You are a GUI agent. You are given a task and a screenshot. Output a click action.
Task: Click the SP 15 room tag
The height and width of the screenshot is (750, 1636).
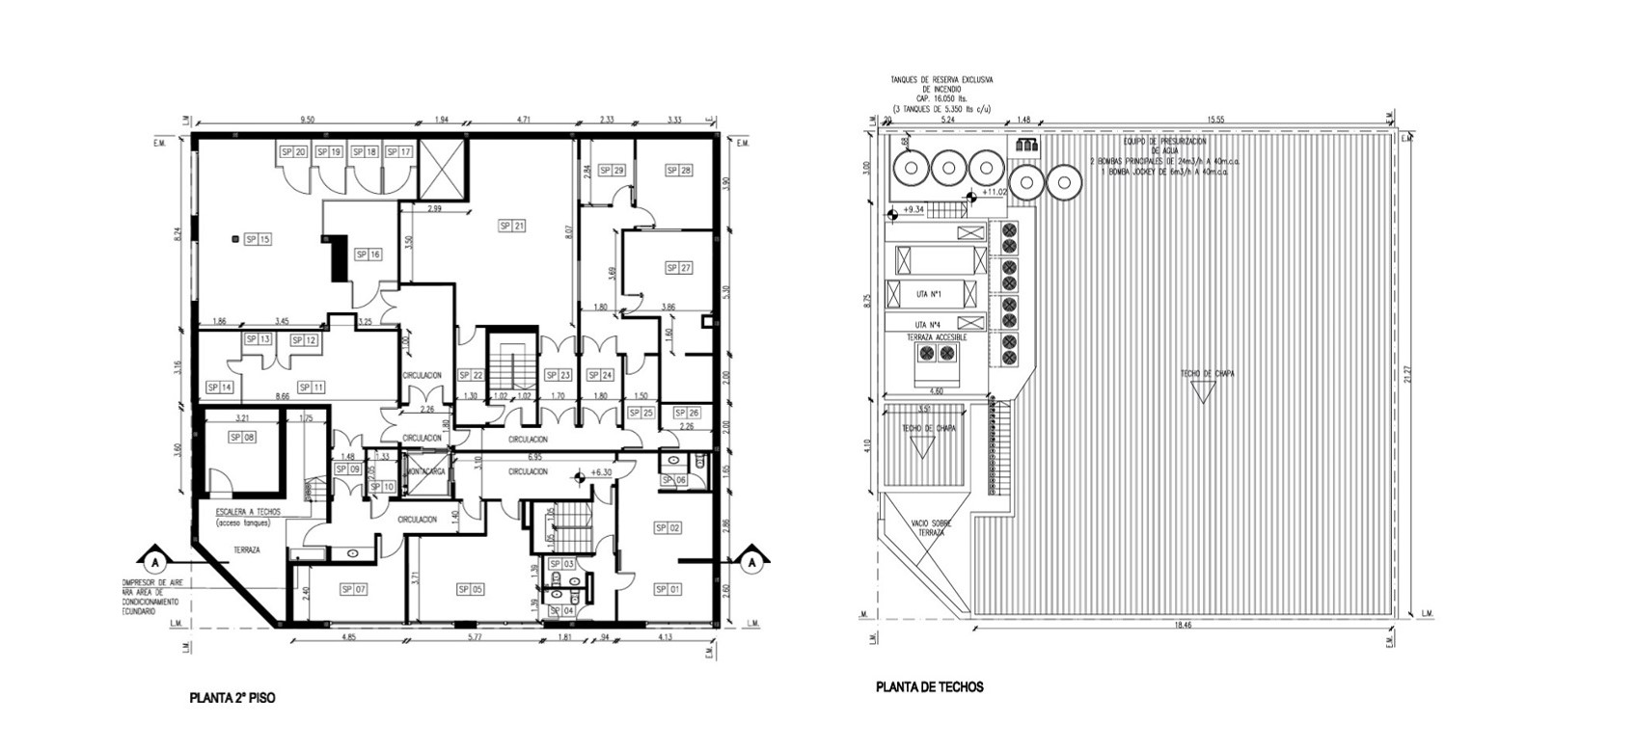[x=257, y=239]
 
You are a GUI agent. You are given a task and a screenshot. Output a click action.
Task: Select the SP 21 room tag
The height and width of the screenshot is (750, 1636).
[x=511, y=226]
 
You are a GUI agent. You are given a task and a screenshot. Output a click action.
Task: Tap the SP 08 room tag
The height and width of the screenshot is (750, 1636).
[x=241, y=438]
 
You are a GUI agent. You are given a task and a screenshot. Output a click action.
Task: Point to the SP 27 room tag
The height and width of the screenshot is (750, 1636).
[x=678, y=268]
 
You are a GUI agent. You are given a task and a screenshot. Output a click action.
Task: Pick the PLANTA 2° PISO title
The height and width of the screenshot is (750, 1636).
[x=232, y=697]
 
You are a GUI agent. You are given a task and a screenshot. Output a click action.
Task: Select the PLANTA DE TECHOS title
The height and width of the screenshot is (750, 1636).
[x=929, y=687]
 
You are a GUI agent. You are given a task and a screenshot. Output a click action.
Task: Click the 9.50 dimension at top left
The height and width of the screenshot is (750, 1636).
[x=307, y=121]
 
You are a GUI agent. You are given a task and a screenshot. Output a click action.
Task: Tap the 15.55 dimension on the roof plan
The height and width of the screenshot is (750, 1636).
[x=1215, y=121]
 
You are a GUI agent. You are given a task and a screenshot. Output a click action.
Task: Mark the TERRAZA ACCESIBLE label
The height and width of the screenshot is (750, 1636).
[x=937, y=337]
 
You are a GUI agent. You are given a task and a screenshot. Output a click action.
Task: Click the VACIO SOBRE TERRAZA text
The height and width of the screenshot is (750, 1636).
[x=926, y=527]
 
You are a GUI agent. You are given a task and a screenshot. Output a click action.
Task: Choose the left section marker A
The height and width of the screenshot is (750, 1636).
[x=153, y=559]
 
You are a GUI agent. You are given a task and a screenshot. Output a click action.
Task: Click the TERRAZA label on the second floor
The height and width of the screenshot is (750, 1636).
[x=246, y=549]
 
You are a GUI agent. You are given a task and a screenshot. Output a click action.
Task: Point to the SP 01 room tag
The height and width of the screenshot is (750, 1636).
[x=668, y=589]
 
